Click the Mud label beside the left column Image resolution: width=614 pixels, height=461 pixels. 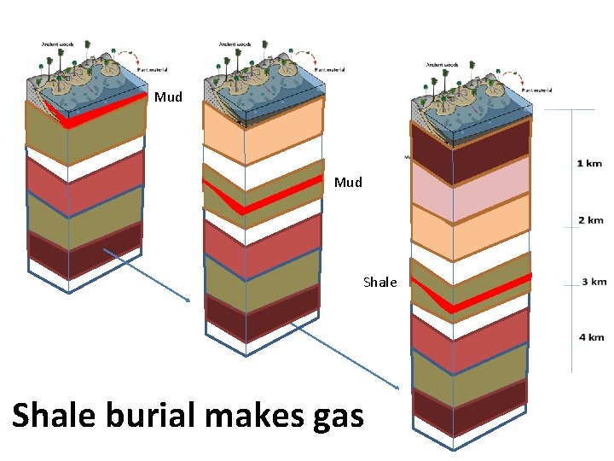point(168,97)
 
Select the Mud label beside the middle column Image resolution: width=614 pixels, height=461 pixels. point(348,182)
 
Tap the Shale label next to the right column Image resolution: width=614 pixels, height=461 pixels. point(379,282)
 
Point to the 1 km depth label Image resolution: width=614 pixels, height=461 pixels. point(589,163)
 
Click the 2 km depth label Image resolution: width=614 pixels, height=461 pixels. point(589,220)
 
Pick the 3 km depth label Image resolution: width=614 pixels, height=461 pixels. point(594,281)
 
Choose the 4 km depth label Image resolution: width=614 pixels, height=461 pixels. point(591,337)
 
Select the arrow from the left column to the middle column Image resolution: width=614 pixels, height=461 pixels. point(145,274)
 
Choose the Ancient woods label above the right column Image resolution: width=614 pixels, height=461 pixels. point(442,64)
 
